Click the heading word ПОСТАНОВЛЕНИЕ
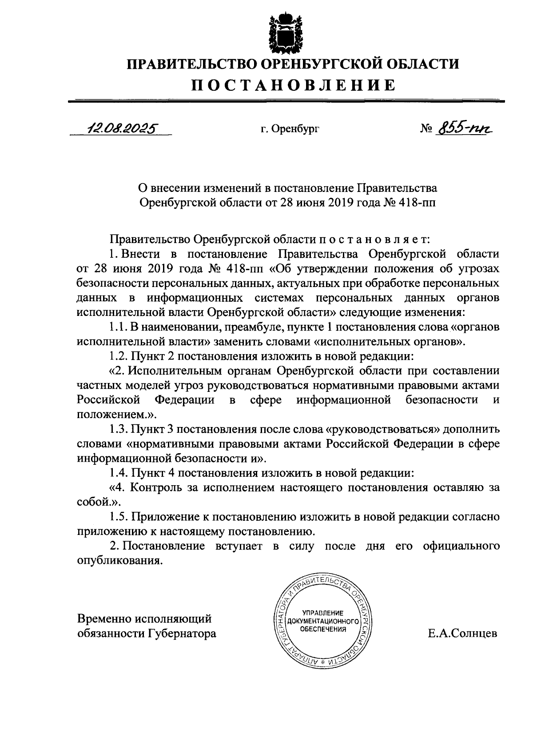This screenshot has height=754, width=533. click(x=293, y=84)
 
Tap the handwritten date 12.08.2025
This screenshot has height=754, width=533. click(x=122, y=128)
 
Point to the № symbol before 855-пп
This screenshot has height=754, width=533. click(x=426, y=129)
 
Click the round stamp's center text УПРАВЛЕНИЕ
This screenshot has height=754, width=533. click(x=323, y=612)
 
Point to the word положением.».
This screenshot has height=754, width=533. click(x=117, y=415)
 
